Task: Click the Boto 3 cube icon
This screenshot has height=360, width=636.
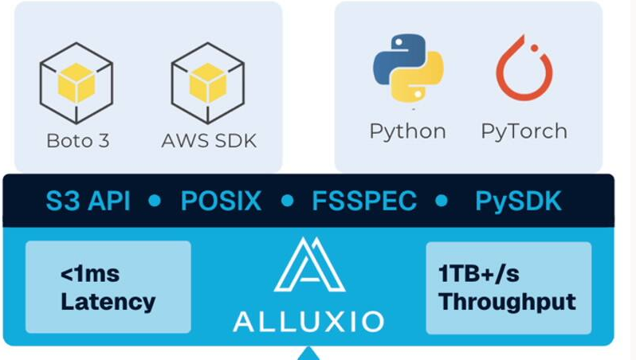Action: click(x=77, y=84)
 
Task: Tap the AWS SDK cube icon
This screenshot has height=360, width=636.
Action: click(x=208, y=84)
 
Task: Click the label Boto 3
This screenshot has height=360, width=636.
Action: click(x=77, y=142)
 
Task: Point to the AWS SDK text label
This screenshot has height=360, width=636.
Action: click(x=209, y=142)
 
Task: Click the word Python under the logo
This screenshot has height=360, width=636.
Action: click(x=407, y=131)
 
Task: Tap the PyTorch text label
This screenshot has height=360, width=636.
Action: click(x=524, y=131)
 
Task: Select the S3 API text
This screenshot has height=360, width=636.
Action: click(x=87, y=201)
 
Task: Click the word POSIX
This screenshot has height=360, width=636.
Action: click(x=221, y=201)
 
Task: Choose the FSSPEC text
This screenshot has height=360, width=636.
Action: click(x=363, y=201)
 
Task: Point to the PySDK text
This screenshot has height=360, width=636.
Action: click(x=518, y=201)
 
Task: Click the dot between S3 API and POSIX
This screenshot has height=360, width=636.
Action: click(x=155, y=201)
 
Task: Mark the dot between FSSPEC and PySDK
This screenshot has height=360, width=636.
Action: click(x=442, y=201)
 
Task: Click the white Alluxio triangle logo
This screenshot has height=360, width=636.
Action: click(x=309, y=268)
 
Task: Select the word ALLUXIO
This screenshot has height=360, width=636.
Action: click(x=308, y=320)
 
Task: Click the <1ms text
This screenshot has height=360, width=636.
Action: click(x=92, y=276)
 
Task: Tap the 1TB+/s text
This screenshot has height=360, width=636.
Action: click(x=479, y=276)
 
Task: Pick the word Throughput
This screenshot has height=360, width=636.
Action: click(x=507, y=303)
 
